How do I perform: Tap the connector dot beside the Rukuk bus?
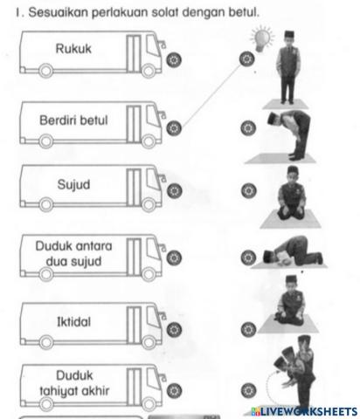[174, 60]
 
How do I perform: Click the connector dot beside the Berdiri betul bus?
[174, 128]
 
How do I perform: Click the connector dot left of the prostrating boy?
[248, 257]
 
